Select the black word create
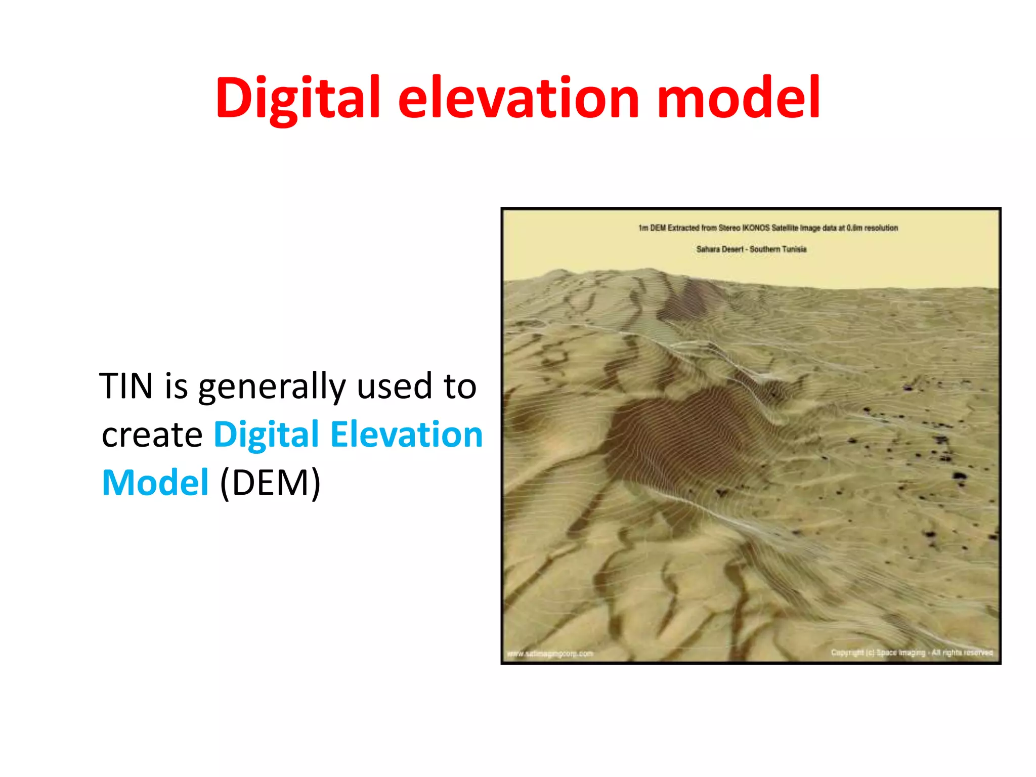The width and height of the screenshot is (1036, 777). point(152,435)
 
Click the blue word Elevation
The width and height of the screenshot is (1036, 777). point(407,435)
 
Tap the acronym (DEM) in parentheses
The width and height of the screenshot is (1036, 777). point(270,483)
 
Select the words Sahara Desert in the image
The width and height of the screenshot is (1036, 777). point(719,249)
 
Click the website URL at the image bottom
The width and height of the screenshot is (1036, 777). point(550,654)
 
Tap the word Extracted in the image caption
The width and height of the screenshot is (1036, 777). point(683,228)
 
